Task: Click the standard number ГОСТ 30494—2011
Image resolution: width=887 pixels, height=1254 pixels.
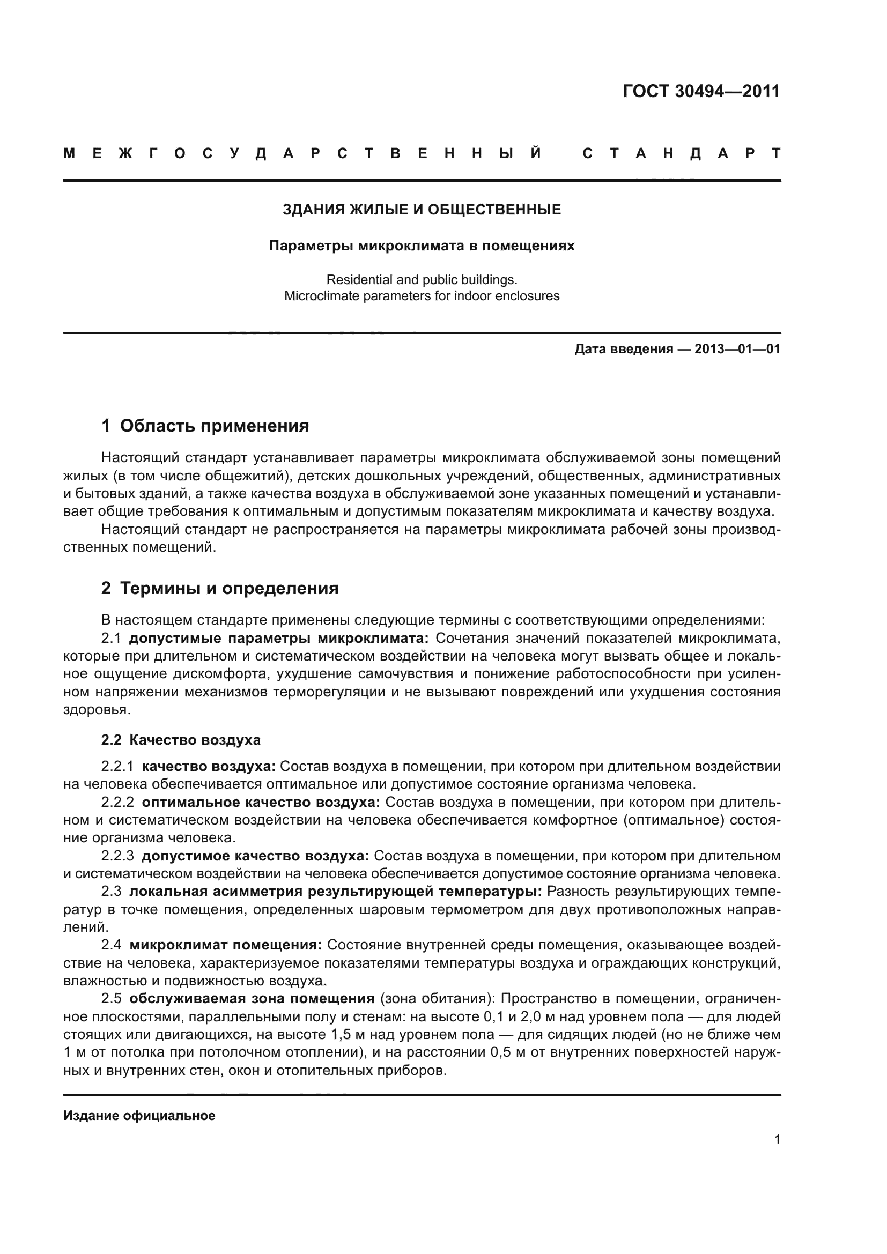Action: (x=701, y=91)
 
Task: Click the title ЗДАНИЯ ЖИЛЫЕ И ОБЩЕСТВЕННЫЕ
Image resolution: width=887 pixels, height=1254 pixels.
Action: (x=422, y=210)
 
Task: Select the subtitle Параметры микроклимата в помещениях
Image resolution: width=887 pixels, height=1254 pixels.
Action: (x=422, y=246)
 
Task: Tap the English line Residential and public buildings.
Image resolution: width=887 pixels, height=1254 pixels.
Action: (x=422, y=280)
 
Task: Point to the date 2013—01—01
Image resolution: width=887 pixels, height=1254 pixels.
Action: (x=737, y=349)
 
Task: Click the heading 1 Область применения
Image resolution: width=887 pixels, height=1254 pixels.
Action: (x=205, y=426)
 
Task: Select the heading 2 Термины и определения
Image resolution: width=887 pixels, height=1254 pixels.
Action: (x=219, y=588)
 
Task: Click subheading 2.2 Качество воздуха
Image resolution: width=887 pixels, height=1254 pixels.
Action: (x=181, y=740)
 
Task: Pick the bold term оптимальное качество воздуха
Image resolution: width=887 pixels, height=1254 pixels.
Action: (x=261, y=803)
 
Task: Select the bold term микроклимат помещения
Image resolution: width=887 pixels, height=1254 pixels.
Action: (x=226, y=945)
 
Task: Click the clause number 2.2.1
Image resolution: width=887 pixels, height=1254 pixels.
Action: (x=117, y=767)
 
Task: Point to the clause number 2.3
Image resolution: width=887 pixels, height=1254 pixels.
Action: (x=111, y=892)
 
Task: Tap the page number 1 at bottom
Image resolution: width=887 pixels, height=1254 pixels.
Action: (x=777, y=1140)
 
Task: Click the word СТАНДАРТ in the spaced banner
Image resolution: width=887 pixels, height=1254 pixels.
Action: (x=682, y=153)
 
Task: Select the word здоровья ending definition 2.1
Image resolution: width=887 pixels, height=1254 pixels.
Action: (x=96, y=710)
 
